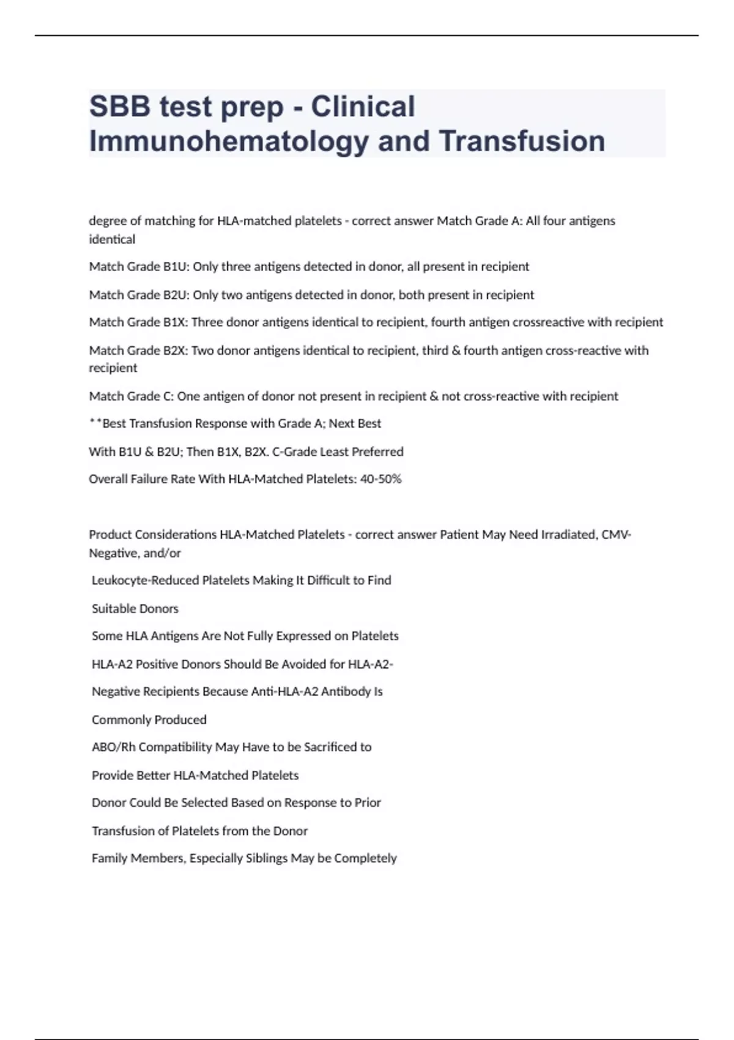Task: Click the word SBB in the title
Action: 119,106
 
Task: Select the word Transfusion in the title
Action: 522,141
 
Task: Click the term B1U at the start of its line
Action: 176,267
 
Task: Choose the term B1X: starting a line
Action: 176,322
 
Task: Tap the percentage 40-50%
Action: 381,479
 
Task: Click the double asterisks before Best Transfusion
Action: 95,423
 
